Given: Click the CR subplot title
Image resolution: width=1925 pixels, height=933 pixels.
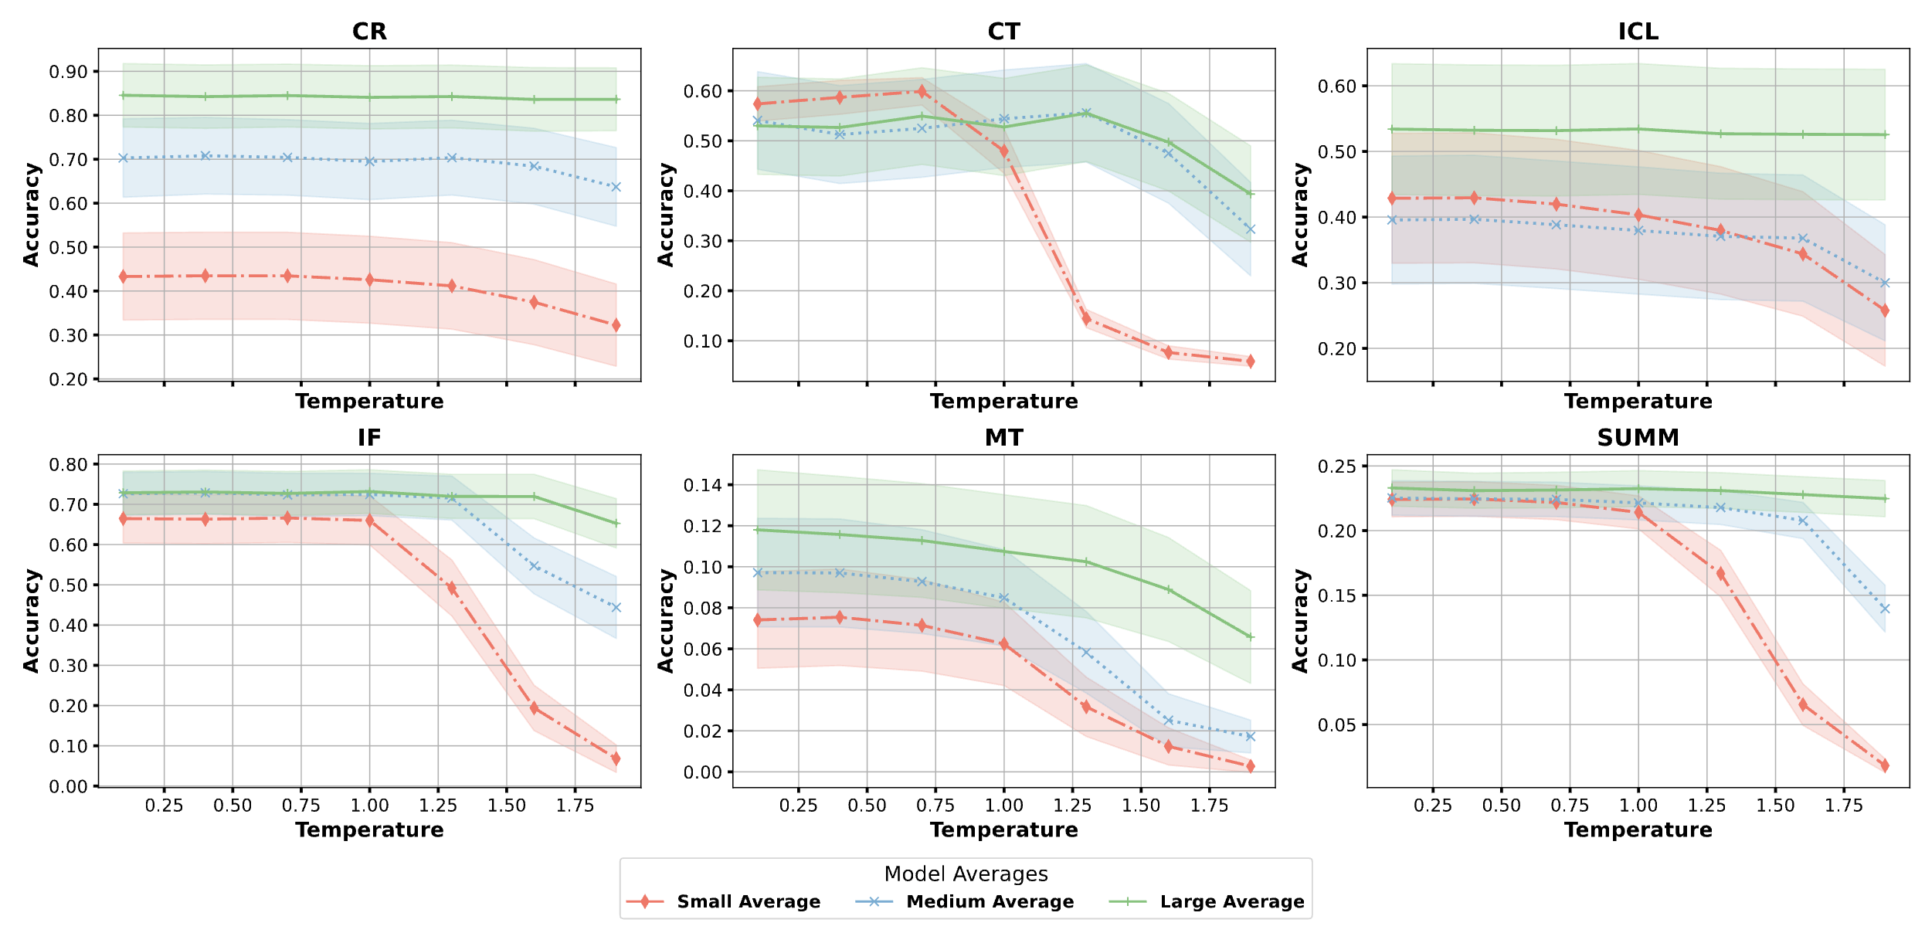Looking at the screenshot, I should click(x=369, y=32).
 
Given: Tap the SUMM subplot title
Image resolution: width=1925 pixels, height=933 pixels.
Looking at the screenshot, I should click(x=1638, y=438).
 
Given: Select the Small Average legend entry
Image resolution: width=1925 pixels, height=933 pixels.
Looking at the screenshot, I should click(x=748, y=901).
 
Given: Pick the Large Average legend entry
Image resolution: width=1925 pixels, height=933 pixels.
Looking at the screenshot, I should click(x=1231, y=901).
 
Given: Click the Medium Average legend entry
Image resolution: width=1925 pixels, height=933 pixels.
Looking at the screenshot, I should click(x=990, y=901).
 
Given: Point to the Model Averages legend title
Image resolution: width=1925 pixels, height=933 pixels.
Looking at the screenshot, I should click(x=966, y=874).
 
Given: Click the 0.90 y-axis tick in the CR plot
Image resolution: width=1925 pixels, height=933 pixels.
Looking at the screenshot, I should click(x=68, y=72).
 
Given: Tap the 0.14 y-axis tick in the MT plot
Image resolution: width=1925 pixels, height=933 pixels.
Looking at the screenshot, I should click(x=702, y=485).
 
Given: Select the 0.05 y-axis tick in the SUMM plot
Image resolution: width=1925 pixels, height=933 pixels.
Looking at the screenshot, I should click(x=1337, y=724).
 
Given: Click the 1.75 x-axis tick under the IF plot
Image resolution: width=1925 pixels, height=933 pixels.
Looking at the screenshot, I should click(x=575, y=806).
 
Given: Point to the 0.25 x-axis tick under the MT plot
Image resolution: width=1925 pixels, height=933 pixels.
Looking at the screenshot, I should click(x=798, y=806).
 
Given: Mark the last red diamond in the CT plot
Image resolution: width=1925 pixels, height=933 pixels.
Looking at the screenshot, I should click(x=1250, y=361).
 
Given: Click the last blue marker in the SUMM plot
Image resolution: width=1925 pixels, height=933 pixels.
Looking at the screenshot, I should click(x=1885, y=609).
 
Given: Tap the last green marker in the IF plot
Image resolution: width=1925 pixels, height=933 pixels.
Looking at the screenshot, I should click(x=616, y=524).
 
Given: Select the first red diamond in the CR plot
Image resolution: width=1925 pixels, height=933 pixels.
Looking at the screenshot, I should click(x=123, y=277).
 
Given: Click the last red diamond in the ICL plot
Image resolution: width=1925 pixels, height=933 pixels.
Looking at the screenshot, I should click(x=1885, y=310).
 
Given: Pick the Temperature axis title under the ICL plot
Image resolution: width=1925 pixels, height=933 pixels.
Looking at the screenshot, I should click(x=1638, y=402).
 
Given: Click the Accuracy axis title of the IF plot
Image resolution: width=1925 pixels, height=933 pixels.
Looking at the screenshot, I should click(x=31, y=621).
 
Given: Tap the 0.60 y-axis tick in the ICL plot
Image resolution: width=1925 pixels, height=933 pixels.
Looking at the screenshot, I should click(x=1337, y=86).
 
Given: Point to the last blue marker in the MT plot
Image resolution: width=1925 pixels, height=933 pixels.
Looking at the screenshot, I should click(x=1250, y=737).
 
